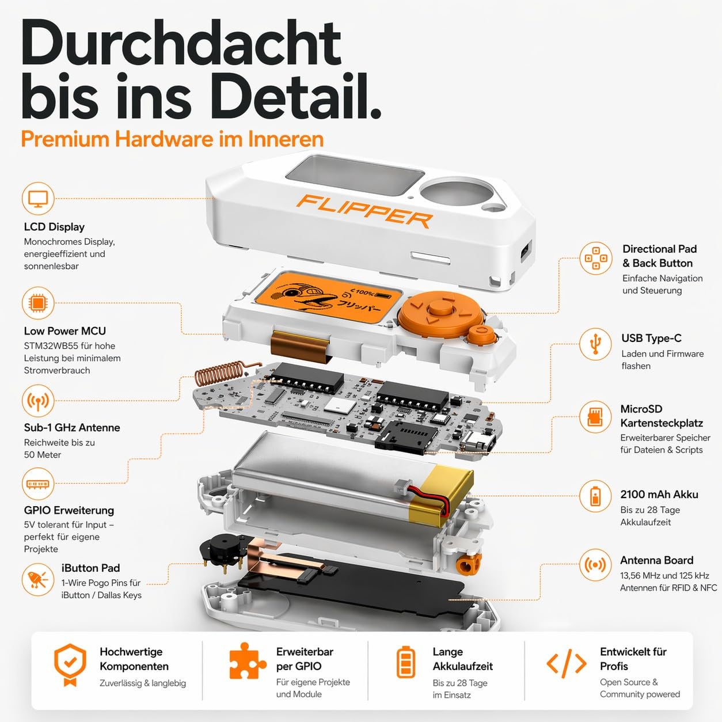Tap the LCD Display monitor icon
[x=38, y=199]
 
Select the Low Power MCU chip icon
[x=38, y=303]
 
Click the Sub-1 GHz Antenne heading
[x=72, y=428]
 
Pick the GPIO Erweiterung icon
[x=38, y=484]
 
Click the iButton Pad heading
[x=90, y=568]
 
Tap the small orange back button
[x=481, y=334]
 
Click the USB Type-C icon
[x=595, y=344]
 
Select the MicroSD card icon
[x=595, y=417]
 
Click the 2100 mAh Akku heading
[x=659, y=495]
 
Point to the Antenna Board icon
[x=595, y=565]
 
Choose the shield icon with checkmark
[x=70, y=664]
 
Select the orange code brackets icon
[x=566, y=664]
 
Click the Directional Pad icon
[x=595, y=258]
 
